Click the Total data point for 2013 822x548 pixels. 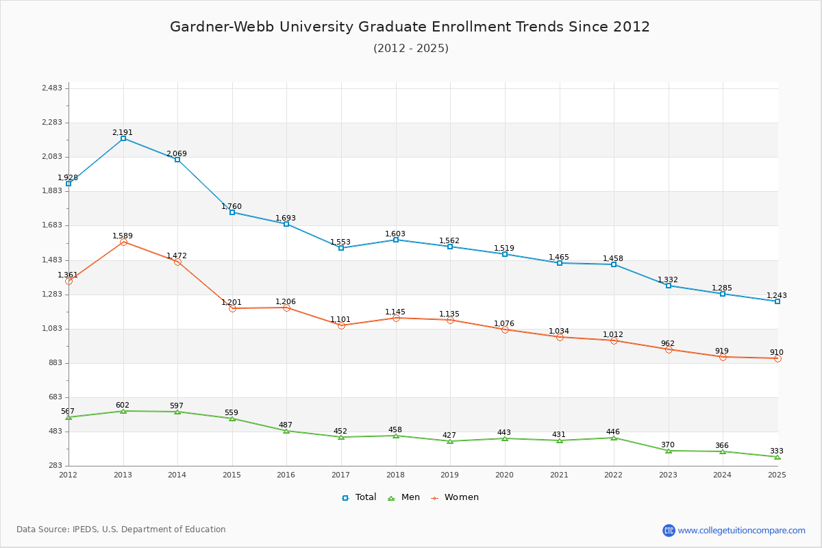123,138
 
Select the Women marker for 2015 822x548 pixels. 232,308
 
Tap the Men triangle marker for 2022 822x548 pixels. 614,438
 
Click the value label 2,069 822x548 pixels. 177,154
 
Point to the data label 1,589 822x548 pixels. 123,236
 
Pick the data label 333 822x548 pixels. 776,451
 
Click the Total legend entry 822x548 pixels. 360,497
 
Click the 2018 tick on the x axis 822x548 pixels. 395,475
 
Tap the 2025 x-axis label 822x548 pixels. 777,475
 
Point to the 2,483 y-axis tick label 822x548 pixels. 52,88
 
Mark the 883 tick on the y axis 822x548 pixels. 55,363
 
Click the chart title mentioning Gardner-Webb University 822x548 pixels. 410,27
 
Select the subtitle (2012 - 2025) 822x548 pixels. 410,48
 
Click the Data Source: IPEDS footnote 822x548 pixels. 121,530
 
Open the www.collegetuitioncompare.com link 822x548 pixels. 741,530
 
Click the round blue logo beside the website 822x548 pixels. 669,530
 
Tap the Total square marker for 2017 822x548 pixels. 341,248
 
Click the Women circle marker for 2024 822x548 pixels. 723,357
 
